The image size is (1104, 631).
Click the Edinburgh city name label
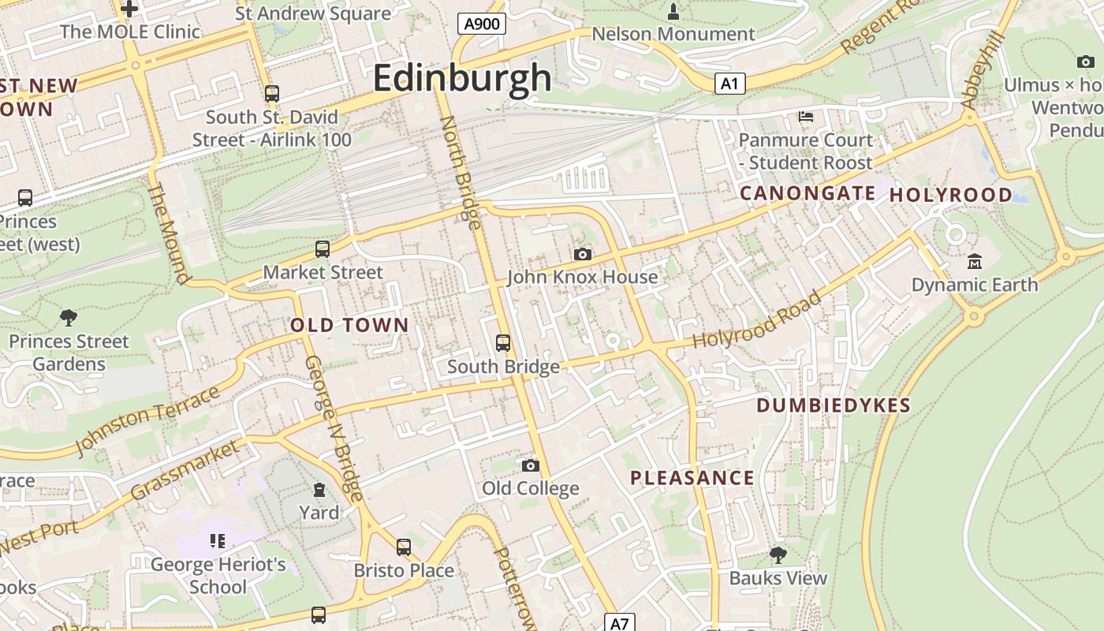462,78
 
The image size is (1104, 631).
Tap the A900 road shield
482,24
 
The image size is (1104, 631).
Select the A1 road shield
730,84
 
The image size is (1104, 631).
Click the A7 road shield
620,623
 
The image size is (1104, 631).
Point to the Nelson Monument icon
673,11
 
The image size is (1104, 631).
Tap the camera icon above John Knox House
583,254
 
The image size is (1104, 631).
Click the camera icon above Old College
531,465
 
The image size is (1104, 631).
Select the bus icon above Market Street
323,249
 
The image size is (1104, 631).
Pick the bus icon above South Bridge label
503,343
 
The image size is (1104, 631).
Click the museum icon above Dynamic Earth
975,261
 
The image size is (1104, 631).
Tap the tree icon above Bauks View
778,554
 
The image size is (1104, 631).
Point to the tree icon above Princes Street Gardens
69,318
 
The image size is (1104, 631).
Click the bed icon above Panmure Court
806,117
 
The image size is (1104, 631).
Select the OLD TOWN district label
349,325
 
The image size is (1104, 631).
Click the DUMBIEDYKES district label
834,405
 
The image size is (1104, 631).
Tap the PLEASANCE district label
692,478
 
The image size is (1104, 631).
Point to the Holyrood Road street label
756,320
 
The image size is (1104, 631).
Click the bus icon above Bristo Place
404,547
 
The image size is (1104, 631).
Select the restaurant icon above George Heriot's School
218,541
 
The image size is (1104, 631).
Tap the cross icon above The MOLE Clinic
129,9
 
